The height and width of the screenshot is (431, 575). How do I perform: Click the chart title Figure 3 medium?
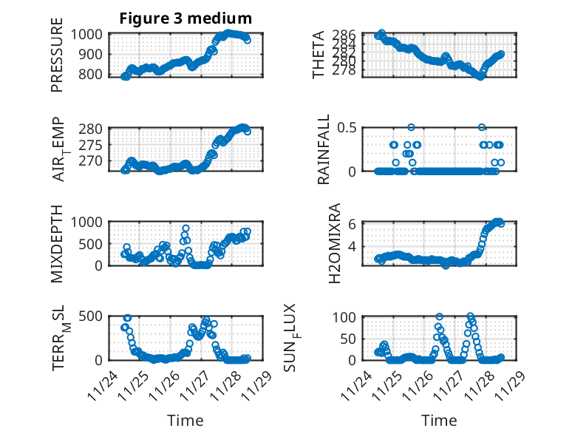186,18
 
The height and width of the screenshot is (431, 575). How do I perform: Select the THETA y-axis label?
319,55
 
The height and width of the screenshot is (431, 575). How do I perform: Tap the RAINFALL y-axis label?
324,149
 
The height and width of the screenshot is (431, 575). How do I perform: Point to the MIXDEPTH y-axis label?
57,243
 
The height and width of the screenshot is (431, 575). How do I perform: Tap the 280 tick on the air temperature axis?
93,128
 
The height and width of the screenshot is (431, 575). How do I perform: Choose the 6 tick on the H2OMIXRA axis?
353,223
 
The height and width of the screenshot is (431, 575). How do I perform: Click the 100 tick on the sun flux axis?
347,317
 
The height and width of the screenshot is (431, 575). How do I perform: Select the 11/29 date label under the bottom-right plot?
513,387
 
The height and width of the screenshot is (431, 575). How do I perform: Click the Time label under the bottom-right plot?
439,420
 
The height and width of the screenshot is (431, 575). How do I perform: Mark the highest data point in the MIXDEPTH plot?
186,228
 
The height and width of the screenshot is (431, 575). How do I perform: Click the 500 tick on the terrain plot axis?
93,316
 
